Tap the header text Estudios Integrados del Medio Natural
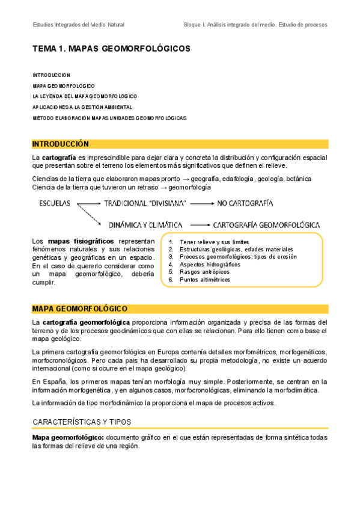pyautogui.click(x=79, y=25)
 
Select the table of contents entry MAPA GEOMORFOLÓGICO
pyautogui.click(x=63, y=85)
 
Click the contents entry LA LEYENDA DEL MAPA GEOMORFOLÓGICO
pyautogui.click(x=85, y=96)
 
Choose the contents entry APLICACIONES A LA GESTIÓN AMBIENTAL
pyautogui.click(x=82, y=107)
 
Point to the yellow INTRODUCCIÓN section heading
pyautogui.click(x=61, y=144)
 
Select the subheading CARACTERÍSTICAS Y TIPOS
pyautogui.click(x=81, y=422)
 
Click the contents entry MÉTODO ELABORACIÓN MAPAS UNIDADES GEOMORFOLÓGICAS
pyautogui.click(x=109, y=118)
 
